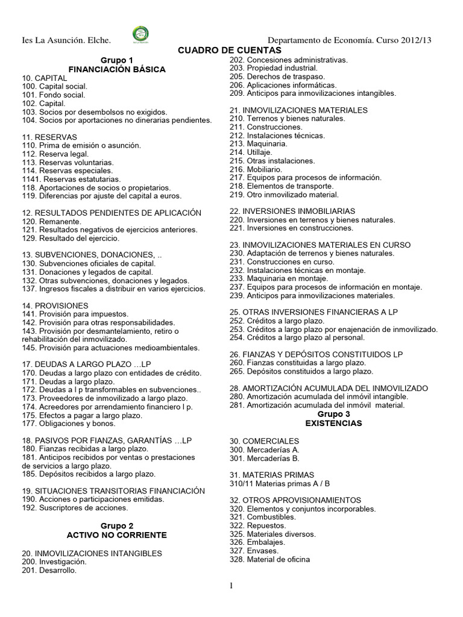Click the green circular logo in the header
[139, 36]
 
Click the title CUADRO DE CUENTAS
[230, 50]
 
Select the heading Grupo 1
[117, 60]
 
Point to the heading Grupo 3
[334, 415]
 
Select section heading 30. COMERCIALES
[264, 441]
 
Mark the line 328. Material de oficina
[269, 559]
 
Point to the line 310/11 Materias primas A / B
[280, 483]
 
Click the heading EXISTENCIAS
[334, 424]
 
